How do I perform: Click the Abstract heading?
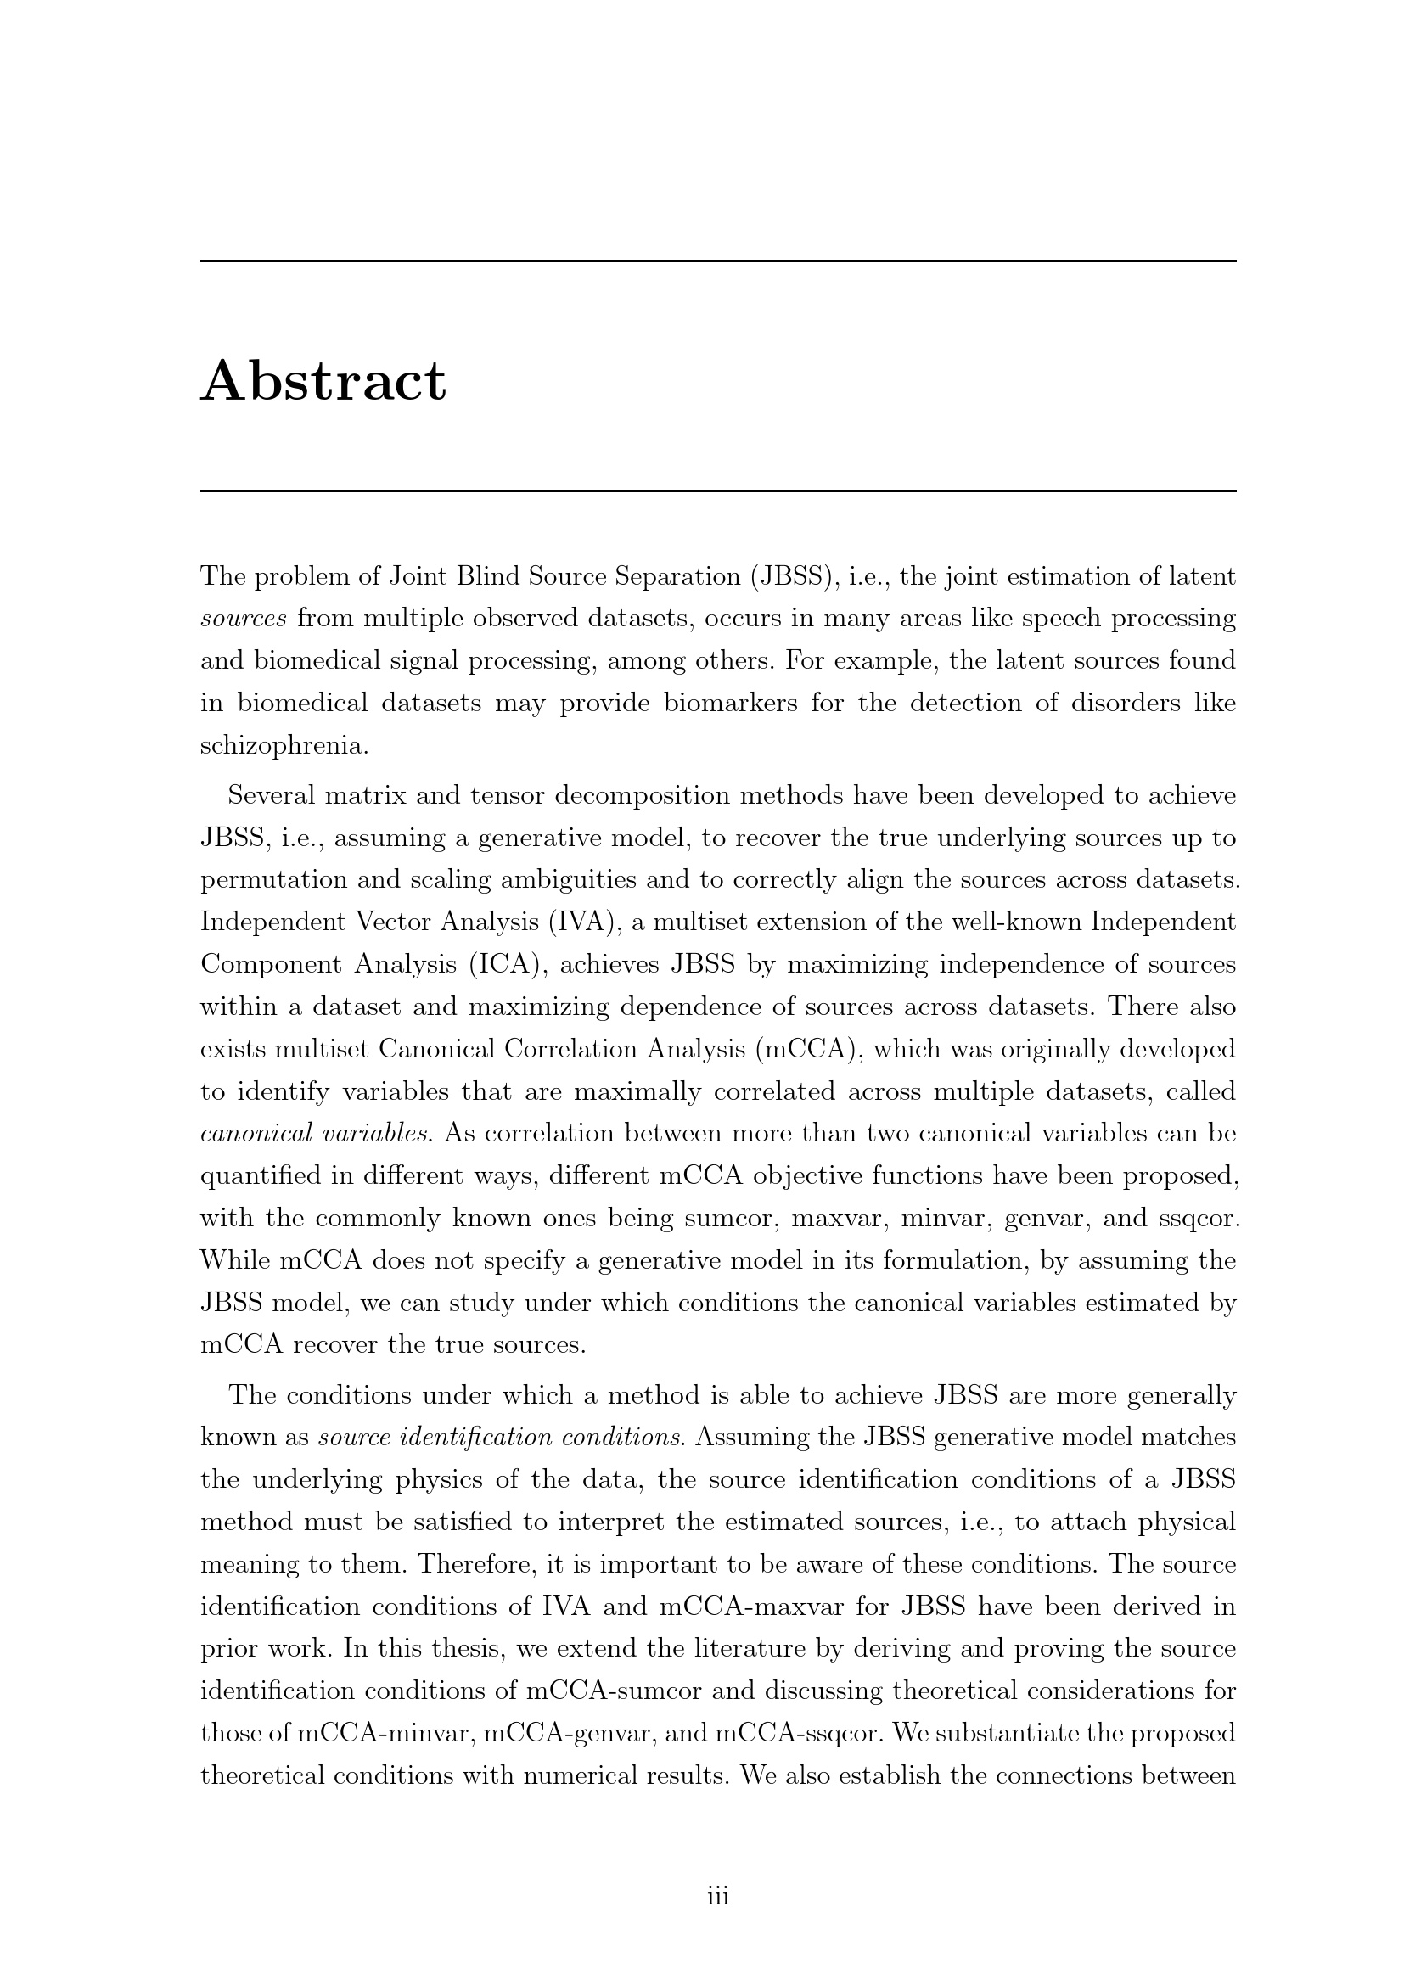tap(323, 381)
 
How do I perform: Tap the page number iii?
tap(717, 1896)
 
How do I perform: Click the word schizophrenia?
tap(284, 745)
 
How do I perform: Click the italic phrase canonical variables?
tap(317, 1134)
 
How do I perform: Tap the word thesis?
tap(469, 1649)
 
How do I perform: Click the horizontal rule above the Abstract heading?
tap(717, 261)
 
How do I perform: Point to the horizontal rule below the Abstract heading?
tap(717, 491)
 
